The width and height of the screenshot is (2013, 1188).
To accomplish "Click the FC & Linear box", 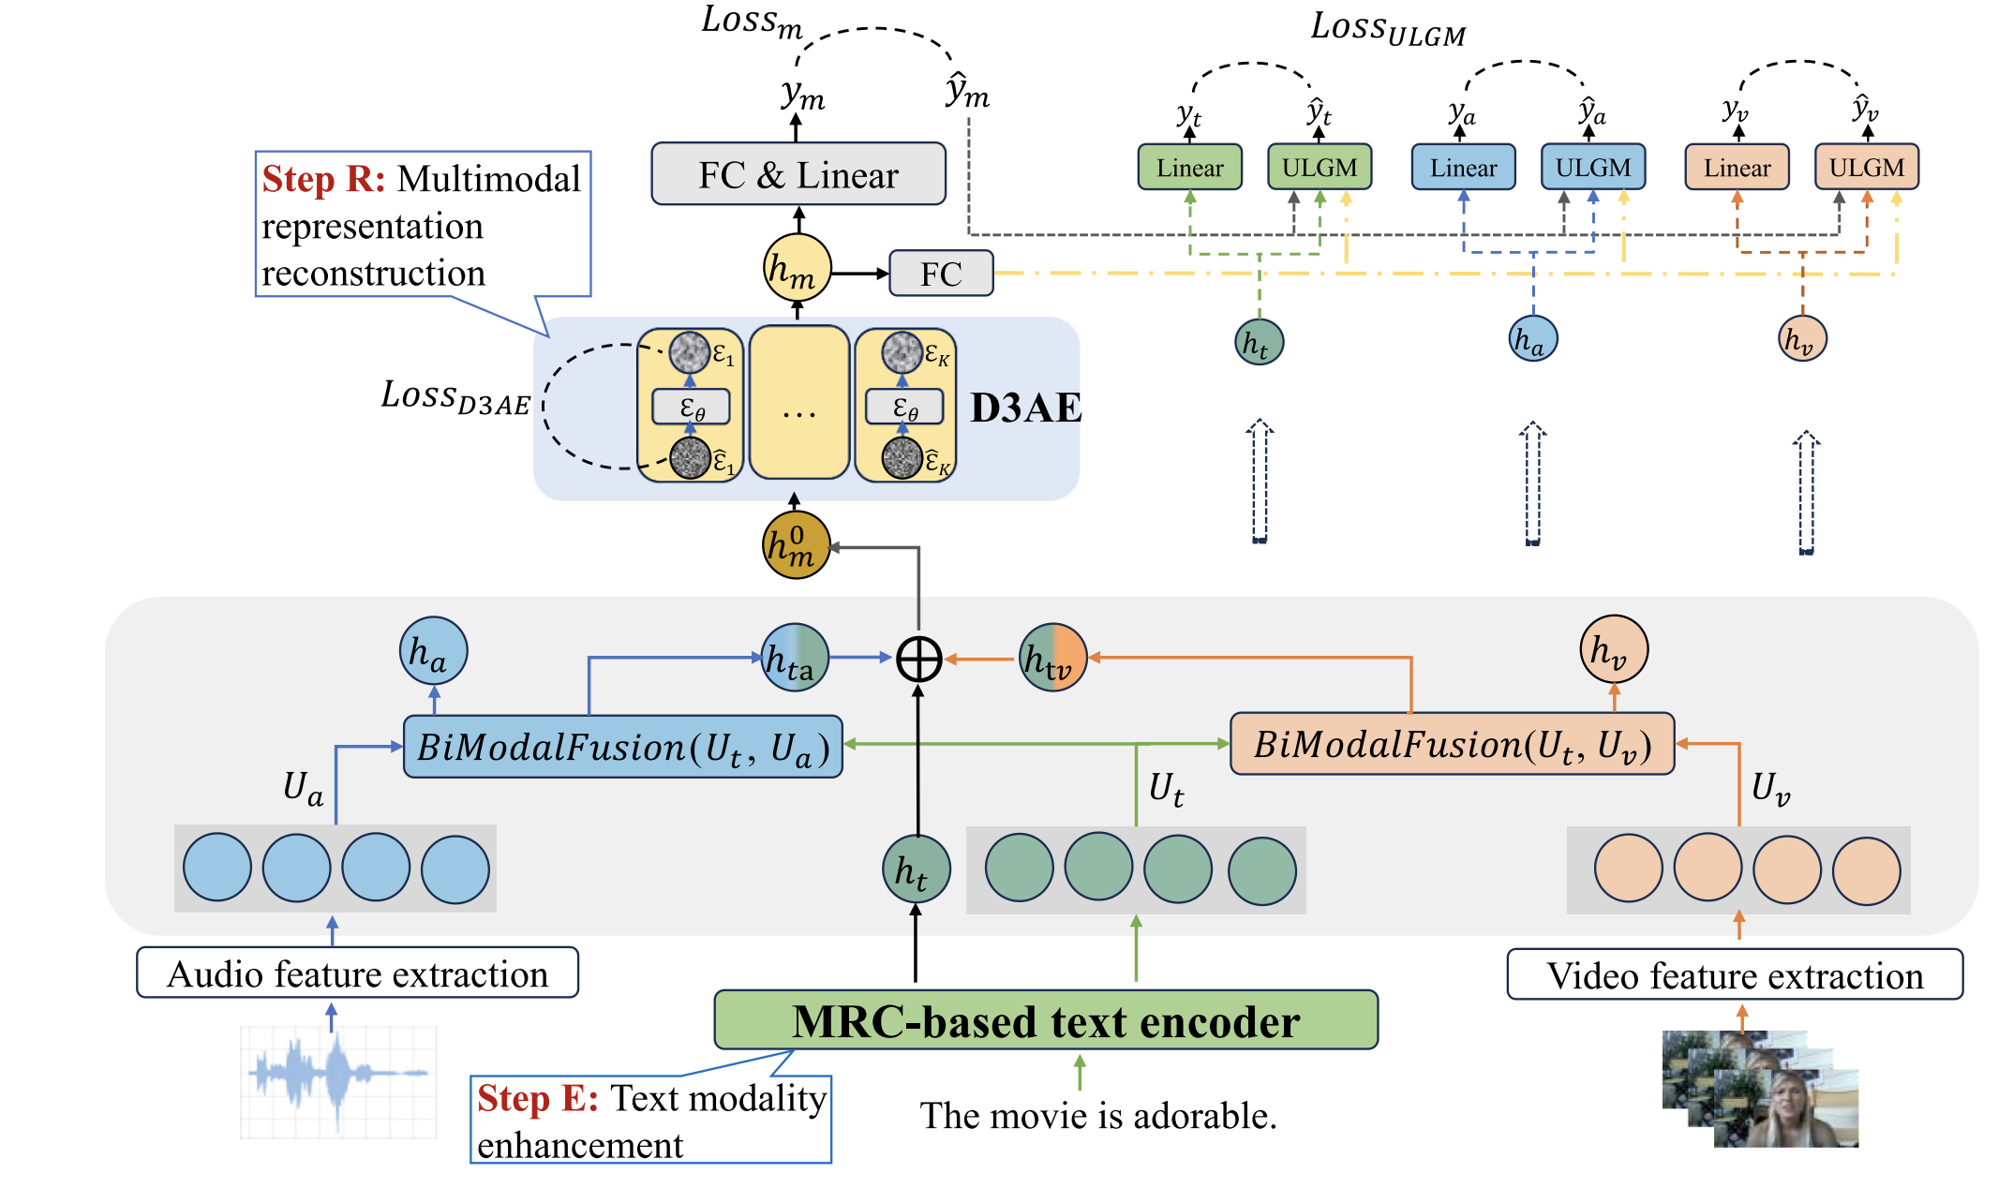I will click(x=798, y=174).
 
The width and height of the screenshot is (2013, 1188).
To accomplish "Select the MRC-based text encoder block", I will click(x=1045, y=1021).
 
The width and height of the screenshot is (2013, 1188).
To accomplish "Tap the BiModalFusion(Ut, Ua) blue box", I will click(x=622, y=748).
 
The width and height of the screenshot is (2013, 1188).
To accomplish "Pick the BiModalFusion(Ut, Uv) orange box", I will click(x=1452, y=745).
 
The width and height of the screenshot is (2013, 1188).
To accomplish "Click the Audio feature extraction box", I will click(x=357, y=974).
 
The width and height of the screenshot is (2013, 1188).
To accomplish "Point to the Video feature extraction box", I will click(x=1735, y=975).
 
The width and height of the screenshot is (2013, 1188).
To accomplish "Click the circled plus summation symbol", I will click(x=918, y=659).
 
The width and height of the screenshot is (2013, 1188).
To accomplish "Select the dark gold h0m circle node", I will click(x=796, y=544).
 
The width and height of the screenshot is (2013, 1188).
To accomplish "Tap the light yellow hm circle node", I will click(x=797, y=269).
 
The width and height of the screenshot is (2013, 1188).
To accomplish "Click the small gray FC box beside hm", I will click(x=940, y=274).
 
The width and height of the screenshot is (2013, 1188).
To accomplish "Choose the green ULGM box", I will click(x=1319, y=168).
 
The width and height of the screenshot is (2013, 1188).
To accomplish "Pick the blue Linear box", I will click(x=1463, y=168).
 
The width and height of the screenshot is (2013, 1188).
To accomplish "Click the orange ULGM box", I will click(x=1866, y=168).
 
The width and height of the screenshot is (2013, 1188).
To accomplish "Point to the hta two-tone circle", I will click(x=794, y=658).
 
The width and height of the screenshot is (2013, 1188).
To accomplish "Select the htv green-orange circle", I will click(x=1052, y=658).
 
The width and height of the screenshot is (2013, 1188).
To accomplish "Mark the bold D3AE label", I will click(x=1025, y=408).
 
